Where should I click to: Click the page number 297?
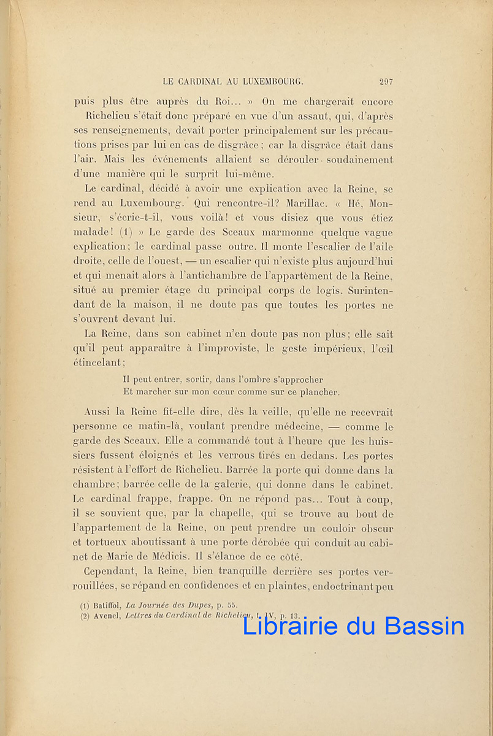point(386,80)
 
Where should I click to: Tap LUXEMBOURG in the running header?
point(269,80)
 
